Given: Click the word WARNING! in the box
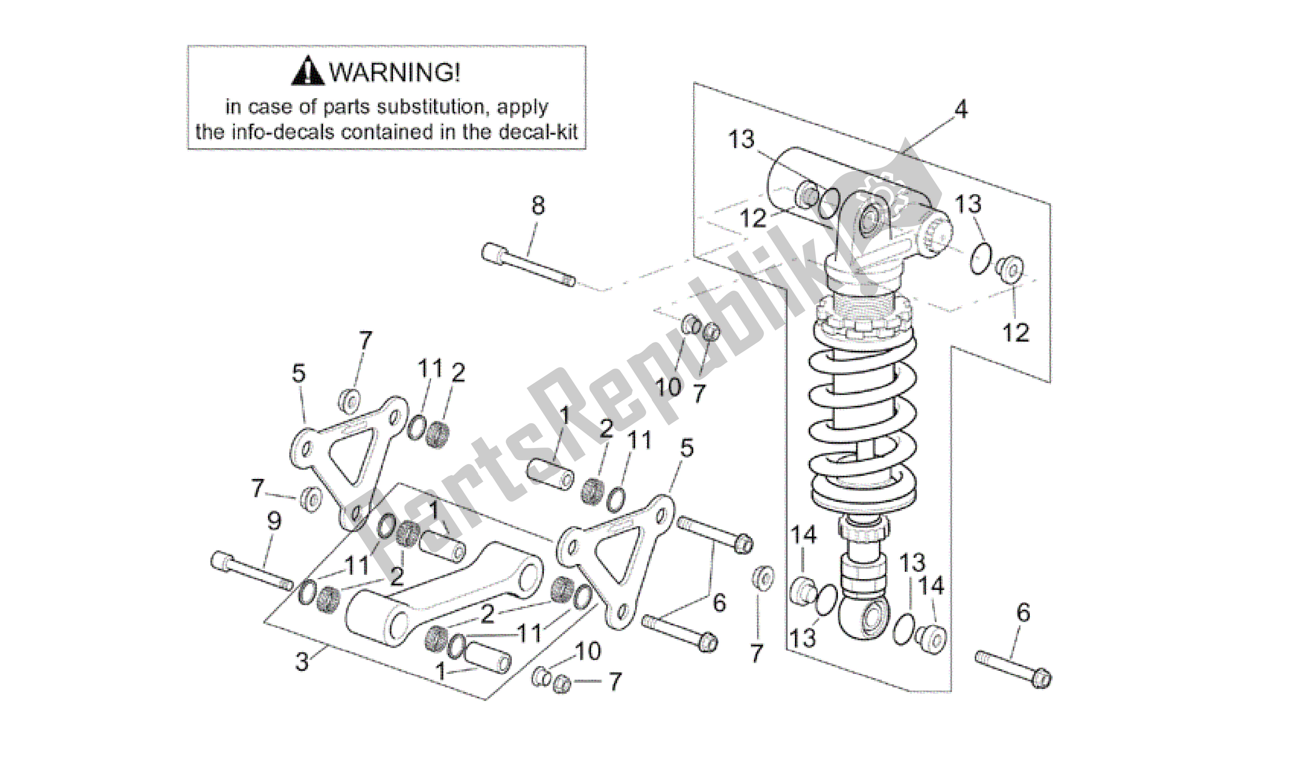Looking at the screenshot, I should pyautogui.click(x=394, y=72).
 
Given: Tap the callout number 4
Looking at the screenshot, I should pyautogui.click(x=960, y=109).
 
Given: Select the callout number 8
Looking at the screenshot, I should pyautogui.click(x=538, y=205).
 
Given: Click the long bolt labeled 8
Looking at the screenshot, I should pyautogui.click(x=528, y=265).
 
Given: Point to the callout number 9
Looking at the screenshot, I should pyautogui.click(x=274, y=521).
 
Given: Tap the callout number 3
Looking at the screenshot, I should pyautogui.click(x=302, y=661).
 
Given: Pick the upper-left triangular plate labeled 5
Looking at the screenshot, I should pyautogui.click(x=347, y=455).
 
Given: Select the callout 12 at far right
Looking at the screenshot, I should pyautogui.click(x=1016, y=333).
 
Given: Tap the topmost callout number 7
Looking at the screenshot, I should pyautogui.click(x=365, y=340).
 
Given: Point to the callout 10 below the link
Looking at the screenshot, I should pyautogui.click(x=588, y=651).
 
